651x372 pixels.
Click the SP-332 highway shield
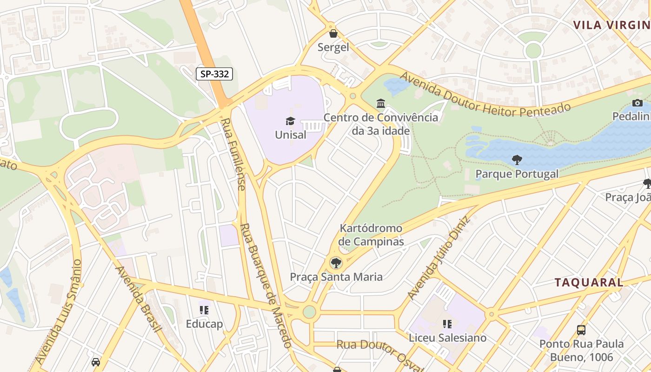point(214,73)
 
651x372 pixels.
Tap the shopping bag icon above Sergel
point(333,33)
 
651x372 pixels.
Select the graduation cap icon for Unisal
point(291,121)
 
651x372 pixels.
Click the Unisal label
point(291,135)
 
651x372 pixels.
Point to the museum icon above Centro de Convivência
point(381,103)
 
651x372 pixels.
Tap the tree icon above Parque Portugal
point(517,160)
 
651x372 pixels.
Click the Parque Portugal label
point(517,174)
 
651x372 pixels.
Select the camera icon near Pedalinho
point(638,103)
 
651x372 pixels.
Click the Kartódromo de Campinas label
point(371,235)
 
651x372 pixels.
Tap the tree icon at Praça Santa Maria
point(335,263)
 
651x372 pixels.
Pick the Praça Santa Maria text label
point(336,277)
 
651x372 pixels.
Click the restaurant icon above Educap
point(204,310)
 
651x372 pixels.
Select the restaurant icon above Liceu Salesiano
point(447,324)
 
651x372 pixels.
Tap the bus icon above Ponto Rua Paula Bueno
point(581,330)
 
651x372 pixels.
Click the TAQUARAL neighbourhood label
point(589,282)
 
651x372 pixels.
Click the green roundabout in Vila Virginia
point(533,50)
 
